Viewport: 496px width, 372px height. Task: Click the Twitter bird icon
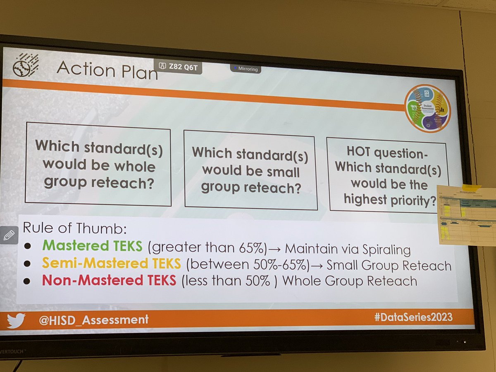click(16, 320)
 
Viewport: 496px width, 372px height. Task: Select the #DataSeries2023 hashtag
click(413, 317)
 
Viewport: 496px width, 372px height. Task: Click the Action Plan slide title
click(107, 69)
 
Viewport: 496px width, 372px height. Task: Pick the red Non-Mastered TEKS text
click(109, 280)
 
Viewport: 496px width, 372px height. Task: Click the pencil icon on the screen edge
click(9, 235)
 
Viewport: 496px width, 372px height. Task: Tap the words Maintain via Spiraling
click(348, 249)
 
